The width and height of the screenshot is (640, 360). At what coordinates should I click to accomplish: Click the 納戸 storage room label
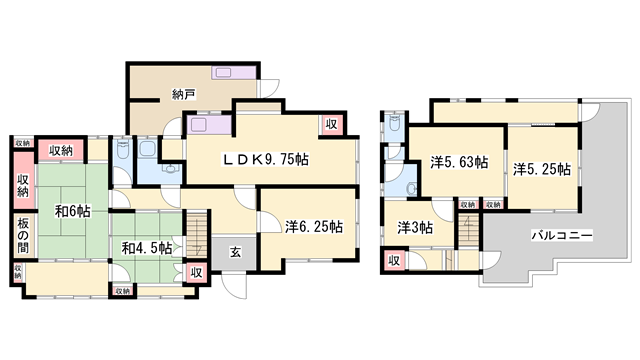click(x=183, y=96)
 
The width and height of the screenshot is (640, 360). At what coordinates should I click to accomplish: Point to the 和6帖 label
click(x=73, y=212)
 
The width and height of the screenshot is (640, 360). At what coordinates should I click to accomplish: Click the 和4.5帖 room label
click(x=147, y=248)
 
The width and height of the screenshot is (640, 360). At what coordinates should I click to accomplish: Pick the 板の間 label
click(x=22, y=236)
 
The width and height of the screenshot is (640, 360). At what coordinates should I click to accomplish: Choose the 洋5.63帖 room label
click(x=459, y=161)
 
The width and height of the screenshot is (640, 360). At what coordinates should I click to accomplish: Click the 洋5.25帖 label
click(x=542, y=168)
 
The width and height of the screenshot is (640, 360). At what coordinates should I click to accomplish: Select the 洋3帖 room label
click(x=414, y=227)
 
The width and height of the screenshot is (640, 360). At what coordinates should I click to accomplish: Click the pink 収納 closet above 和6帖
click(x=62, y=151)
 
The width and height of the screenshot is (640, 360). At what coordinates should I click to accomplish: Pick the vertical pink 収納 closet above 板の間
click(x=22, y=185)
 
